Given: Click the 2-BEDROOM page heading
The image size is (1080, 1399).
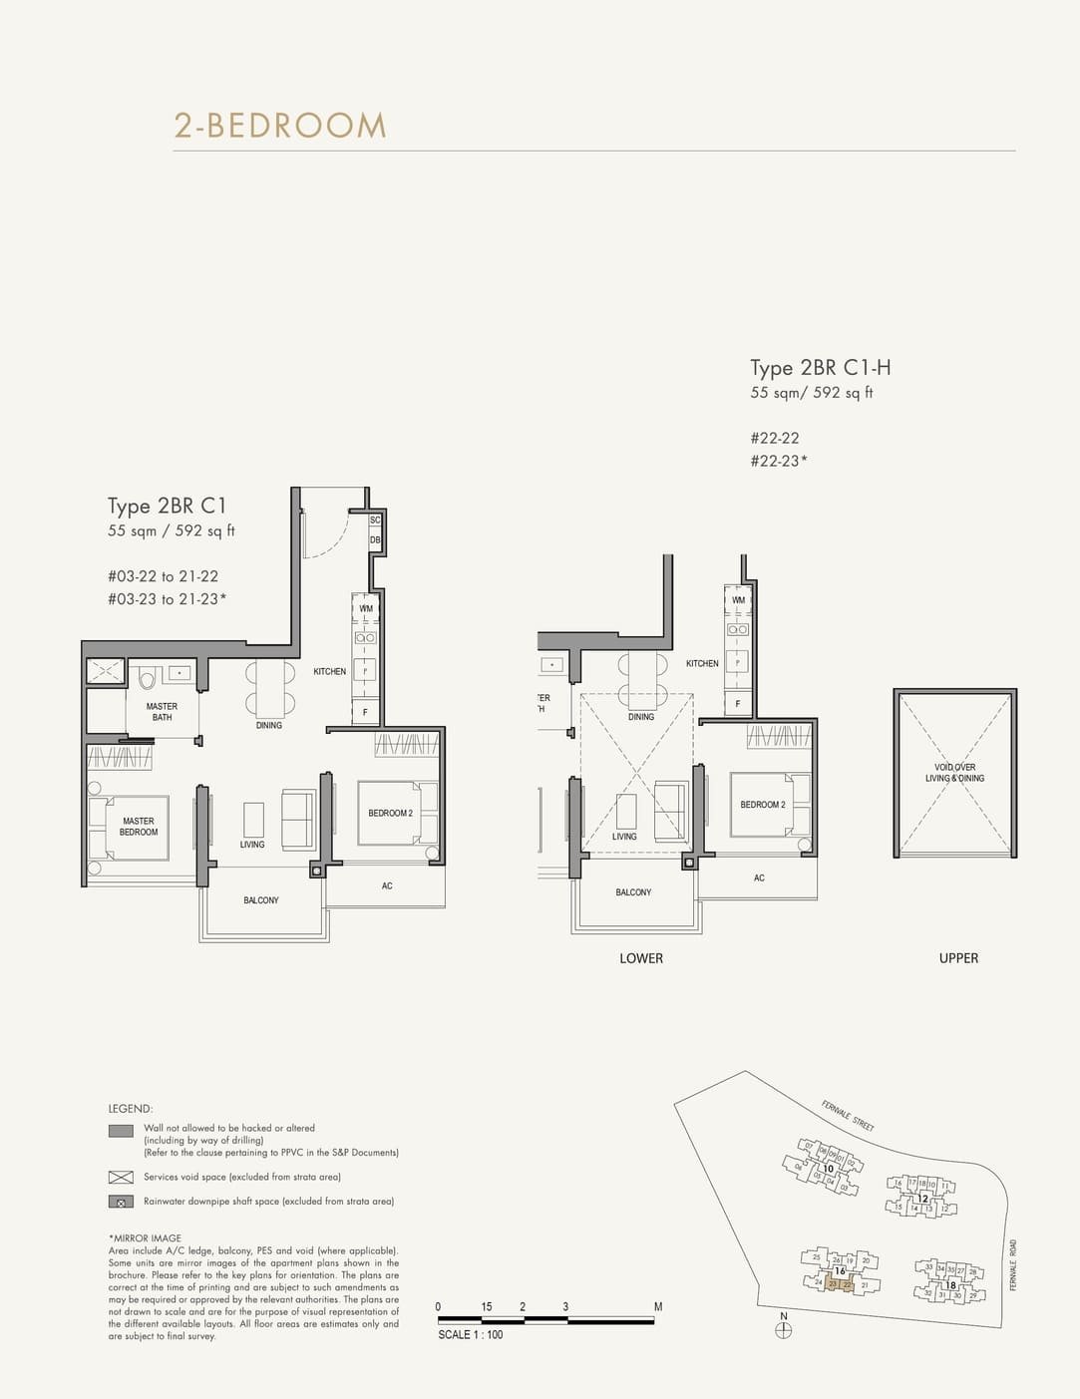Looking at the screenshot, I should pyautogui.click(x=280, y=126).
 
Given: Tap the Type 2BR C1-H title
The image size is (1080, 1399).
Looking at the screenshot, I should pyautogui.click(x=821, y=368).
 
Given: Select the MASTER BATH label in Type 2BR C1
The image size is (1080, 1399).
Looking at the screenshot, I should pyautogui.click(x=162, y=712).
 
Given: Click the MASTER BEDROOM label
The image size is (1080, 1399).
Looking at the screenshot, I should pyautogui.click(x=139, y=827).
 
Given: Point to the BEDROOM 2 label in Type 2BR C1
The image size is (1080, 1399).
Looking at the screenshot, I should pyautogui.click(x=390, y=814).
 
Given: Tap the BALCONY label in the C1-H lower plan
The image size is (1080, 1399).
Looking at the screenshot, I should pyautogui.click(x=633, y=892).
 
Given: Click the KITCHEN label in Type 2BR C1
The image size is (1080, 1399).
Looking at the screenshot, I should pyautogui.click(x=329, y=672).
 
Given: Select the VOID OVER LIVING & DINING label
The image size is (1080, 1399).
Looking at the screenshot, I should pyautogui.click(x=954, y=773).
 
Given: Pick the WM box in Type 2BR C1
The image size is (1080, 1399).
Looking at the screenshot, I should pyautogui.click(x=366, y=608).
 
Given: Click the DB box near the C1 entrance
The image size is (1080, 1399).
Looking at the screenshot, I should pyautogui.click(x=375, y=540).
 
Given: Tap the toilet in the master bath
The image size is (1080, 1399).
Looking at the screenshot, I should pyautogui.click(x=148, y=679).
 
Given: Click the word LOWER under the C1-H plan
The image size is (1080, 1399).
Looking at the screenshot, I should pyautogui.click(x=641, y=958).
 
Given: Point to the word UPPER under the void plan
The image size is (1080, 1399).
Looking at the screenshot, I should pyautogui.click(x=958, y=958).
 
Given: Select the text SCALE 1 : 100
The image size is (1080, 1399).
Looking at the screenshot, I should pyautogui.click(x=471, y=1334).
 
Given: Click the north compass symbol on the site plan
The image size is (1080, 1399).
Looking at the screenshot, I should pyautogui.click(x=784, y=1330).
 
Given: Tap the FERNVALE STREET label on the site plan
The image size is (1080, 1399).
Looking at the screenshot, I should pyautogui.click(x=848, y=1115).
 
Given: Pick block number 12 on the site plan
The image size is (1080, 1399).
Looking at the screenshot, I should pyautogui.click(x=922, y=1199).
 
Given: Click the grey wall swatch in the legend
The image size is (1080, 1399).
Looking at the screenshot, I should pyautogui.click(x=121, y=1131).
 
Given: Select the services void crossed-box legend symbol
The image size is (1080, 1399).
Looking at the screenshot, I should pyautogui.click(x=121, y=1178).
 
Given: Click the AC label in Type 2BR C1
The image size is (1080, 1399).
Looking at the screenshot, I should pyautogui.click(x=387, y=886).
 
